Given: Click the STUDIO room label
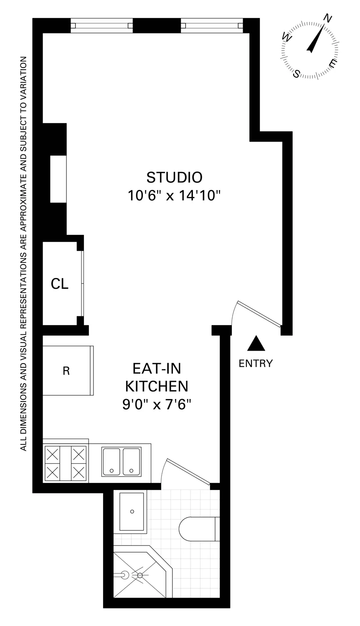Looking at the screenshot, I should coord(174,177).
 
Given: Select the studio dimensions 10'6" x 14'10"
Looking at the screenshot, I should coord(174,195).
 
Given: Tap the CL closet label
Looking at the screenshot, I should coord(59,284).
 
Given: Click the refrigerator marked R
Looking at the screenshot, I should coord(67,371).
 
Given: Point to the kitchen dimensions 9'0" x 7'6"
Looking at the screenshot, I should coord(157,404).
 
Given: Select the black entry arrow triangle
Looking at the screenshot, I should coord(256,344).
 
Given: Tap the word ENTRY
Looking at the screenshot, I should coord(256,363).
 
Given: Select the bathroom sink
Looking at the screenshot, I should coord(132,511).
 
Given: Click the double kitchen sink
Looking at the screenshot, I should coord(121,462).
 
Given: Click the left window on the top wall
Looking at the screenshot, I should coord(101,25).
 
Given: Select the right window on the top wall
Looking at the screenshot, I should coord(212,25).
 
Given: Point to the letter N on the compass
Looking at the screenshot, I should coord(328,19).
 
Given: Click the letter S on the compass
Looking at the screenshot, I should coord(297,74).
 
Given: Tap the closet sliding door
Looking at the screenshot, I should coord(83,284).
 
